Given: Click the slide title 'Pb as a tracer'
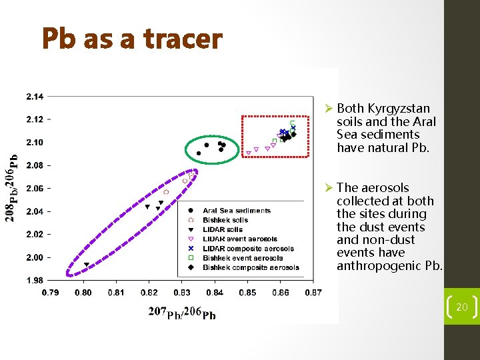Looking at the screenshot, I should (131, 39).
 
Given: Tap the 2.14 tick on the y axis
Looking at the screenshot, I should (35, 97).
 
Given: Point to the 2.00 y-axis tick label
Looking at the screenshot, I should (35, 257).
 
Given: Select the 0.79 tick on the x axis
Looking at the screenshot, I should (50, 292).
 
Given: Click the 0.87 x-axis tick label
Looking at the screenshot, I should (313, 292).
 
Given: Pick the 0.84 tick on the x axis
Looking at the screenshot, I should (214, 292).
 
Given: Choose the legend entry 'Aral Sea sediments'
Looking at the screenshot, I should (236, 211).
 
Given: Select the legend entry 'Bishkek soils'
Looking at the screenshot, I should (225, 220).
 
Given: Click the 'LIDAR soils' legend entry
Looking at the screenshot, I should (223, 229).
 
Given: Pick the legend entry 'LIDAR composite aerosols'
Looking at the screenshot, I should (248, 249).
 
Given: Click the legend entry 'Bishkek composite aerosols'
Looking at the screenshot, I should (251, 267).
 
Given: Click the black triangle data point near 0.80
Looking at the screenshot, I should (86, 265).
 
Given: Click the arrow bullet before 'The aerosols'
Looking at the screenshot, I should (328, 188).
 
